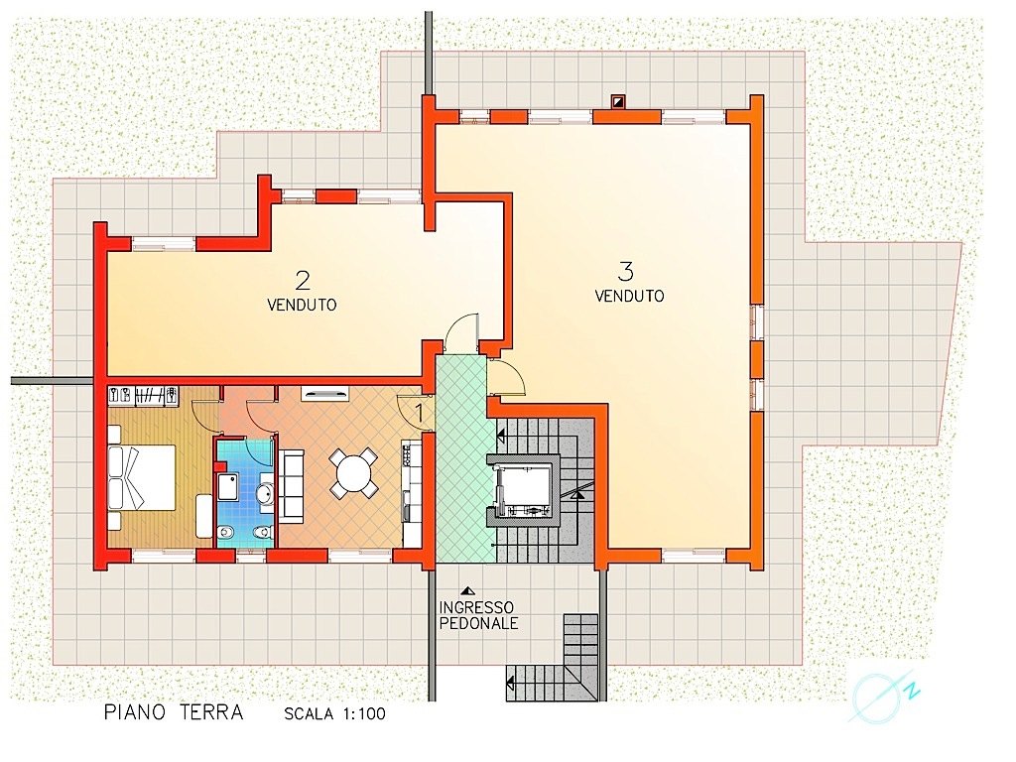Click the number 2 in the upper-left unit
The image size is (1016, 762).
coord(303,281)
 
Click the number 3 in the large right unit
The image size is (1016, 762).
coord(626,272)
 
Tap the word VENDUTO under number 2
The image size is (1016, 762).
coord(302,305)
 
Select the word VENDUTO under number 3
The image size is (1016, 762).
coord(630,296)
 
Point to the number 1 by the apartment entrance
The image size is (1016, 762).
coord(420,413)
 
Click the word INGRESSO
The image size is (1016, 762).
coord(476,608)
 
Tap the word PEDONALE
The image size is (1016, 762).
coord(479,623)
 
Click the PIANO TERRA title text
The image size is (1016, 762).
coord(174,712)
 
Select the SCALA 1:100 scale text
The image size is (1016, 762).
coord(335,714)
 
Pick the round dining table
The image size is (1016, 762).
coord(353,473)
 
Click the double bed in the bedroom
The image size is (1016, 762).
coord(142,477)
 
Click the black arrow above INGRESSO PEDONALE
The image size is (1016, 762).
coord(466,591)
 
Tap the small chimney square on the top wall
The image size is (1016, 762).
coord(619,101)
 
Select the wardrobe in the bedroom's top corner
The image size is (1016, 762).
coord(143,396)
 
